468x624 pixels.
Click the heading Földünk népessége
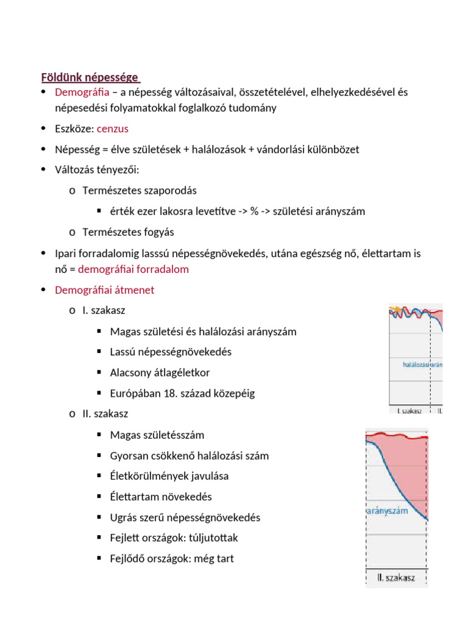tap(90, 77)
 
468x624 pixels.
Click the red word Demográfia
tap(82, 93)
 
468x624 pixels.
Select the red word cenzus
tap(113, 129)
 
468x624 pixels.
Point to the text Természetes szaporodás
tap(140, 191)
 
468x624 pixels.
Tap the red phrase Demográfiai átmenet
tap(104, 290)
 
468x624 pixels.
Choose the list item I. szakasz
tap(104, 311)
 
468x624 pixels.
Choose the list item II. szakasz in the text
tap(105, 414)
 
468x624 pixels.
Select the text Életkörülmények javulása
tap(169, 476)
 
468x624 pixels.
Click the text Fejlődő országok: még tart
tap(172, 558)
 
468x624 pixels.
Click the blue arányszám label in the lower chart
tap(388, 511)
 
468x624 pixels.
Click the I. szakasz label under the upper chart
tap(409, 411)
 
